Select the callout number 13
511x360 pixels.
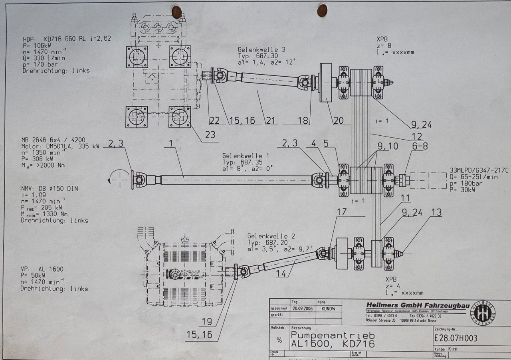tap(436, 212)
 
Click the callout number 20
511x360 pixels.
tap(339, 121)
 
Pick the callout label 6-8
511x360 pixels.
tap(420, 146)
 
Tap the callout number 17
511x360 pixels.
tap(342, 212)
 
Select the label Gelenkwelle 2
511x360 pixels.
tap(271, 236)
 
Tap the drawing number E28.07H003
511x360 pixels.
tap(455, 338)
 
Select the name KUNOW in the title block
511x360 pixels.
tap(328, 309)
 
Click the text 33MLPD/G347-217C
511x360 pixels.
tap(479, 170)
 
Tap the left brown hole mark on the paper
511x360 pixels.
tap(176, 12)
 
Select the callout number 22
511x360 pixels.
tap(214, 121)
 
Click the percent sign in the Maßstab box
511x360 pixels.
tap(279, 340)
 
